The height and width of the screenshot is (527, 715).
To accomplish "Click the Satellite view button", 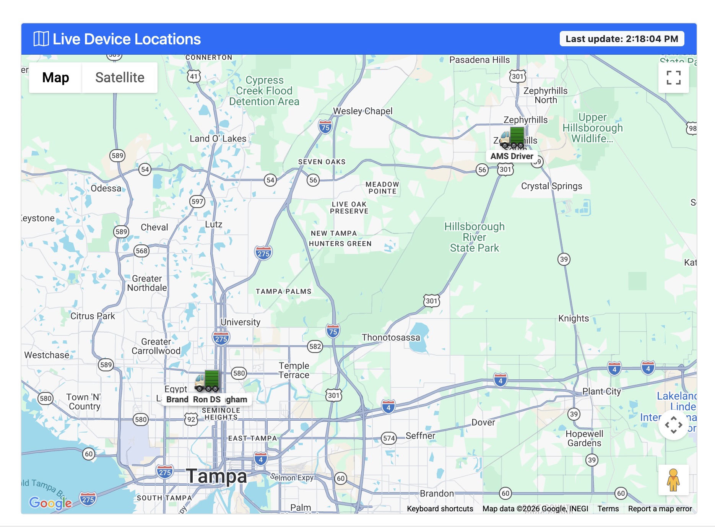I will [120, 78].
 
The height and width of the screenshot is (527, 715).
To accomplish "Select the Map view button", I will [56, 78].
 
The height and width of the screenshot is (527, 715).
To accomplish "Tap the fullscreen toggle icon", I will [673, 78].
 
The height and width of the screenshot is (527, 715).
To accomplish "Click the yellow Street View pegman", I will [673, 480].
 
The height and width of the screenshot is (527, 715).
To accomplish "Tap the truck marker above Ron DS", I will [207, 381].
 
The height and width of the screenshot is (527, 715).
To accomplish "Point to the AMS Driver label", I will [512, 156].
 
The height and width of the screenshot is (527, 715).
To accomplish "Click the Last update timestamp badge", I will [622, 39].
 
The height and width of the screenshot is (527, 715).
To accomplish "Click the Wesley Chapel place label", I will [362, 111].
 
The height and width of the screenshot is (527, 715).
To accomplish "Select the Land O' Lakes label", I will [218, 138].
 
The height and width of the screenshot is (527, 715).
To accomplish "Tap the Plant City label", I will [601, 391].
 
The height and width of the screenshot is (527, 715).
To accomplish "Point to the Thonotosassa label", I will [391, 337].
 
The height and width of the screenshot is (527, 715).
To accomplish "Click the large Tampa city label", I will [216, 476].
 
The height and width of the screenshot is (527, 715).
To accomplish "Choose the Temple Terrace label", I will [294, 370].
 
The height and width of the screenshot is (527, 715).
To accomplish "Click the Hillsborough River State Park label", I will [474, 237].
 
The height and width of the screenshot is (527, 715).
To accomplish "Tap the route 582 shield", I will [315, 346].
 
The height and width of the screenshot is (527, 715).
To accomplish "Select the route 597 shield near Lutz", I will [197, 201].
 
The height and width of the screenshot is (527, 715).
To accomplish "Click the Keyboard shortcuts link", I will [440, 509].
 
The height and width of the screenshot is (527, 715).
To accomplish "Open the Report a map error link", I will [660, 509].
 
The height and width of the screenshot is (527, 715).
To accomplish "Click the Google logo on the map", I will [50, 503].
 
